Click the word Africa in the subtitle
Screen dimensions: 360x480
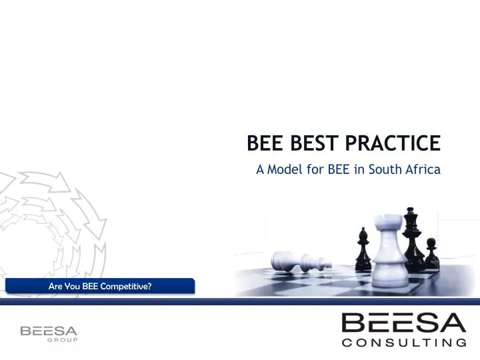click(x=421, y=169)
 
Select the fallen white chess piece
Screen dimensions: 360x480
click(x=314, y=260)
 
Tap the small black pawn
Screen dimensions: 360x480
click(x=431, y=253)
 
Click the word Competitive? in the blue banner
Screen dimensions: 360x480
click(x=126, y=287)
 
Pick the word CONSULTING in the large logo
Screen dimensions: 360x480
click(x=403, y=344)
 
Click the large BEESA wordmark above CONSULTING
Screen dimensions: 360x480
click(x=403, y=324)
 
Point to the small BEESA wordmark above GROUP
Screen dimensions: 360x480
click(x=49, y=330)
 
